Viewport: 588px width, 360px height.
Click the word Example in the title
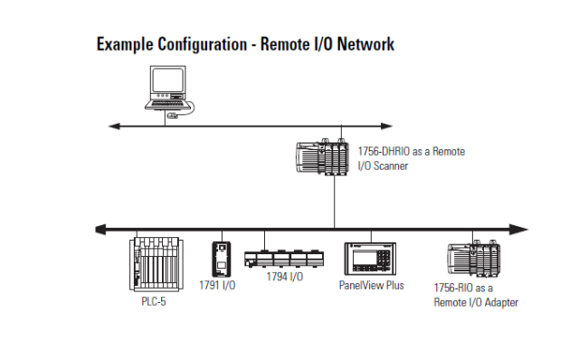(125, 44)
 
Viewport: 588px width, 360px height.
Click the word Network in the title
(365, 44)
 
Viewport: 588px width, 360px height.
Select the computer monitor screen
(167, 81)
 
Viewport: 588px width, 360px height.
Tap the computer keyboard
(166, 103)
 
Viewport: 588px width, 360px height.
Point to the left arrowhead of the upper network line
(114, 127)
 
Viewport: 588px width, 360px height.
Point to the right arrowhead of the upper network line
(386, 126)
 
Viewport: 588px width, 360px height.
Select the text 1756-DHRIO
(384, 151)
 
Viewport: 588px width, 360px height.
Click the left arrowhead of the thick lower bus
(101, 229)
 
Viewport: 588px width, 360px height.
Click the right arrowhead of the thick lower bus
(518, 230)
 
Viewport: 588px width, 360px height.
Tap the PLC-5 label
(154, 301)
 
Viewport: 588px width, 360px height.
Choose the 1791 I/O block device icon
(222, 259)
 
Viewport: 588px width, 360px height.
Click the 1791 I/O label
(217, 285)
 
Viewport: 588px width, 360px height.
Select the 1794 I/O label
(285, 277)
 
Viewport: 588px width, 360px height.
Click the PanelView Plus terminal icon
(370, 259)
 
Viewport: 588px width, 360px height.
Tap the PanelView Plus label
(371, 285)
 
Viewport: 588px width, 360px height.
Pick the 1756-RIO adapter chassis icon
(474, 260)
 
